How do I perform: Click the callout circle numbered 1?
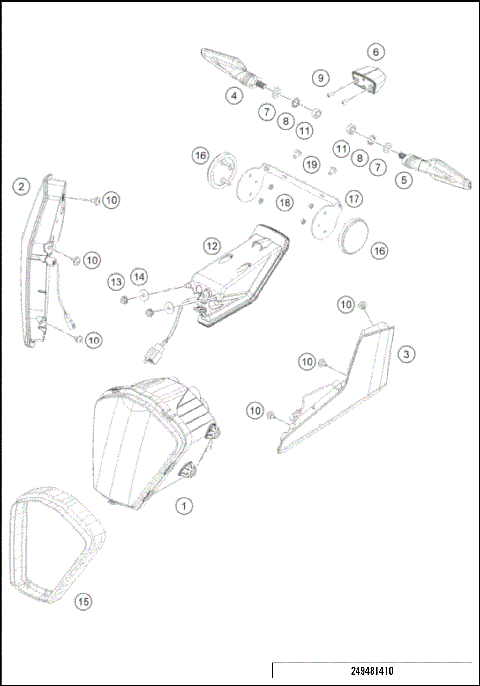coord(184,506)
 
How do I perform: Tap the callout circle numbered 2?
coord(19,185)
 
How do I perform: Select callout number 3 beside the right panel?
coord(405,354)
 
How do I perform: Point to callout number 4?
coord(234,96)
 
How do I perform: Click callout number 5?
coord(404,181)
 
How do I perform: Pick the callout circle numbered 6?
coord(376,51)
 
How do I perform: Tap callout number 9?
coord(320,77)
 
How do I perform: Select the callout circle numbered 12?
coord(211,245)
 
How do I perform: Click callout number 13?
coord(116,281)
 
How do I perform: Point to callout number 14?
coord(139,276)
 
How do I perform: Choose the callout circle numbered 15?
coord(83,601)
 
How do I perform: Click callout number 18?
coord(285,203)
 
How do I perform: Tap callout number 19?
coord(311,164)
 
